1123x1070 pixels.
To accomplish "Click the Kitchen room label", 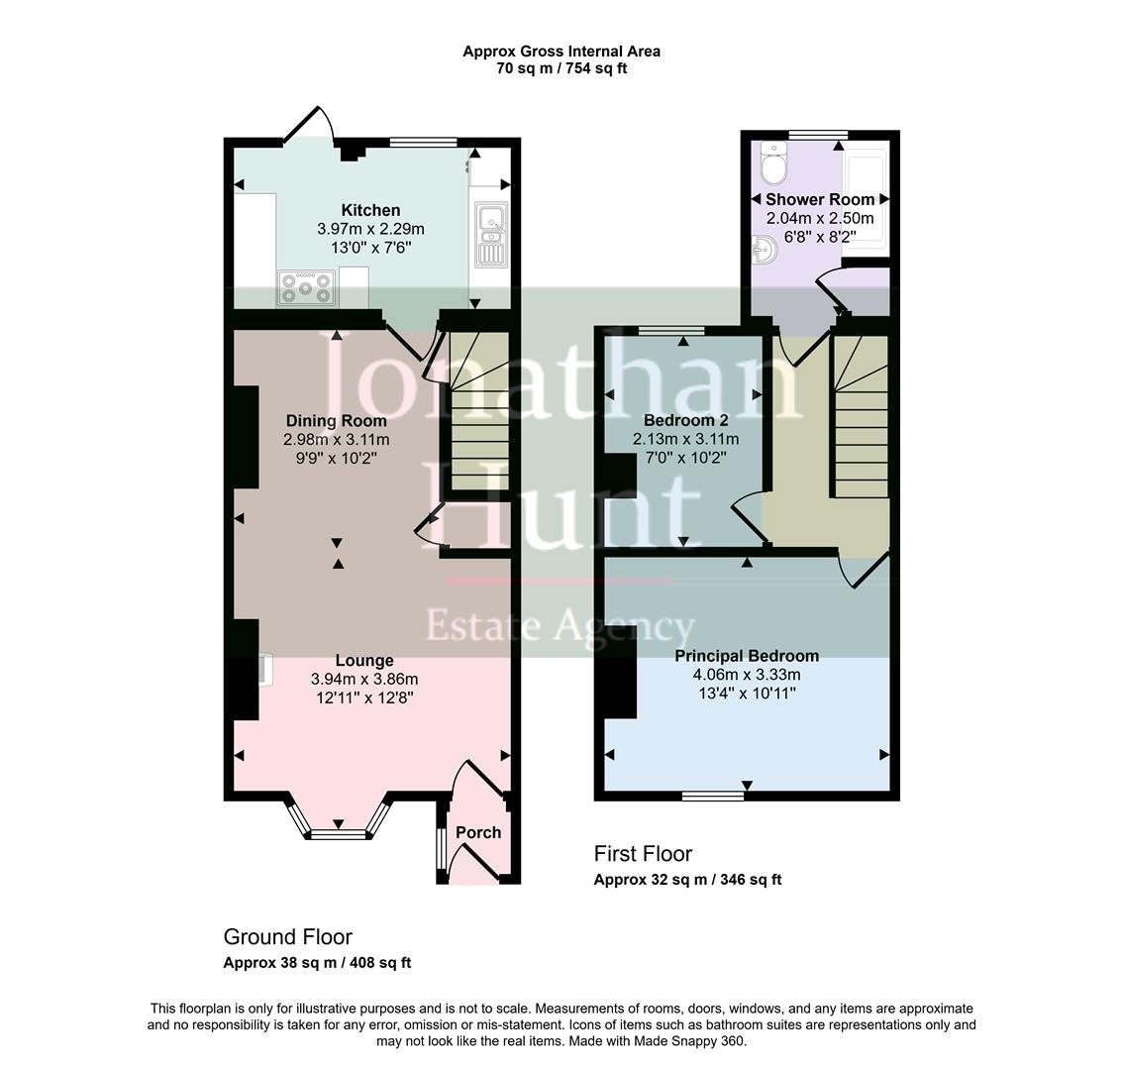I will coord(370,210).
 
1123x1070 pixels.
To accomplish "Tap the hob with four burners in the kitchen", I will coord(308,287).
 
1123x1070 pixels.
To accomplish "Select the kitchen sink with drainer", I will coord(490,235).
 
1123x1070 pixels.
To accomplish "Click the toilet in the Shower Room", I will coord(770,161).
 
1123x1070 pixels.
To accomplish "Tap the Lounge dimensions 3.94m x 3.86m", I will coord(364,680).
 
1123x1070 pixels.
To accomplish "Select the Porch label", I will coord(478,832).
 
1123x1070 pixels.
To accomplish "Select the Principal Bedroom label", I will coord(747,656).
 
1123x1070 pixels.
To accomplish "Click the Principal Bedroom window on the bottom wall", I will coord(713,795).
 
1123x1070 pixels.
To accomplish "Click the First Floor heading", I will coord(643,853).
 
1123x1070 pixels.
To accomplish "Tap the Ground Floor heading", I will coord(287,936).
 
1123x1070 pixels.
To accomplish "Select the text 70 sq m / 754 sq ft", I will coord(561,69).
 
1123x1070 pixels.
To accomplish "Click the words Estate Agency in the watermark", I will coord(560,626).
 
